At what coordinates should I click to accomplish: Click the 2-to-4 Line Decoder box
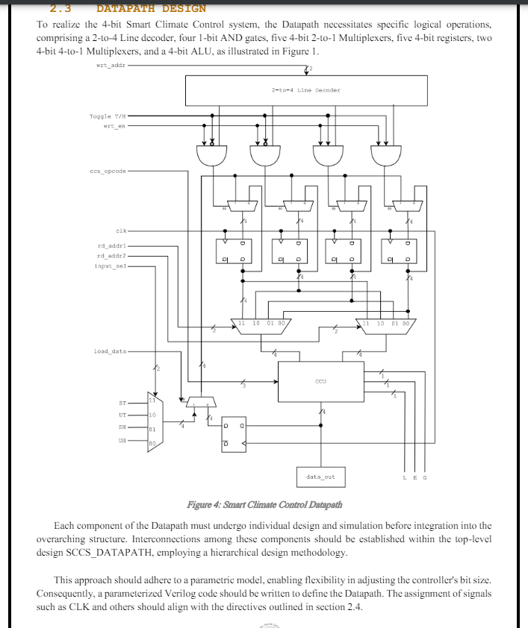point(306,90)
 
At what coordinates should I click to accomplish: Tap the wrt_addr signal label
point(111,66)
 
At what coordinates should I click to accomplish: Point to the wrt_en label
point(114,126)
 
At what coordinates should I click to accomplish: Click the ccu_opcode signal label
point(108,171)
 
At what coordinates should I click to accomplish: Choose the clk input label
point(121,230)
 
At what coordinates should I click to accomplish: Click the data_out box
point(321,477)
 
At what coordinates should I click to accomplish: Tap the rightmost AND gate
point(385,155)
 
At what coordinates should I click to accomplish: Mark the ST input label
point(122,402)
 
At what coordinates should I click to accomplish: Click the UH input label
point(122,441)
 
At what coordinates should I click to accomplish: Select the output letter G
point(424,477)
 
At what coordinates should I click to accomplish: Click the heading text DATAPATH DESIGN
point(151,9)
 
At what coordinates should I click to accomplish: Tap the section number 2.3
point(60,9)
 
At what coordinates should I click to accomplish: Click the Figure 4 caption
point(264,505)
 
